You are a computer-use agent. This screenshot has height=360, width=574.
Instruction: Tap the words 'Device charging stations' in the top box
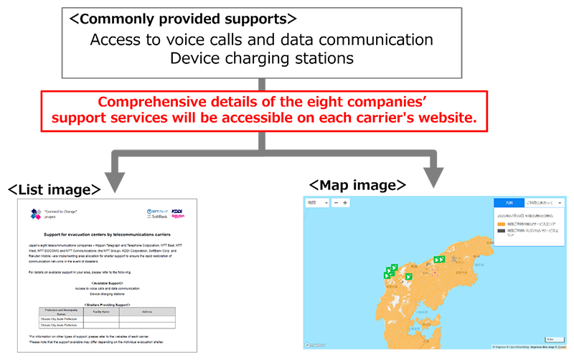(261, 57)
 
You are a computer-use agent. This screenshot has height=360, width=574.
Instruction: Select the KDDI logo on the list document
(177, 211)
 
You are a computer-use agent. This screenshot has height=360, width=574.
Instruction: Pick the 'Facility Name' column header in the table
(101, 311)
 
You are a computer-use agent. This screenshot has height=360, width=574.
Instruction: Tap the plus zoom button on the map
(345, 203)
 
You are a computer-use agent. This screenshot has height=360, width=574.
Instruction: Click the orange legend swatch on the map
(501, 224)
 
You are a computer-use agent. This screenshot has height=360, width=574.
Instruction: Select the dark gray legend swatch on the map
(501, 232)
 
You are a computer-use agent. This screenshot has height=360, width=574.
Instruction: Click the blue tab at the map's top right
(509, 203)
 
